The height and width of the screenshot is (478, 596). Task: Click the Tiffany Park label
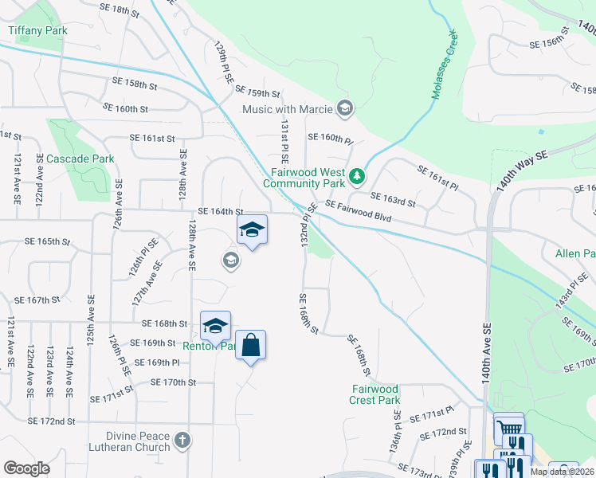pos(37,31)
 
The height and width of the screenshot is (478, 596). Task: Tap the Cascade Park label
pos(80,159)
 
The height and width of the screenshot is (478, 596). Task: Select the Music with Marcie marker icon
pos(345,108)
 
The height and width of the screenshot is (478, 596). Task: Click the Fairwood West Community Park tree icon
pos(359,174)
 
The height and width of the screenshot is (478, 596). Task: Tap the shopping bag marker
pos(250,346)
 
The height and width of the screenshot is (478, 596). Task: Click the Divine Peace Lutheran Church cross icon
pos(182,439)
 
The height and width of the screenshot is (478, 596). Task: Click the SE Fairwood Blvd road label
pos(359,211)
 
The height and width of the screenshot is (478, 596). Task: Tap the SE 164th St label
pos(220,211)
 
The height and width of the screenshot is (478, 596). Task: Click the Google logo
pos(27,468)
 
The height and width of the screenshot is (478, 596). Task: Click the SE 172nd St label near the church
pos(51,421)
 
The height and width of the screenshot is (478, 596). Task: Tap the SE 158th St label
pos(135,82)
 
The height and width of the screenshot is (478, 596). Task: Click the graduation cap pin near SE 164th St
pos(252,230)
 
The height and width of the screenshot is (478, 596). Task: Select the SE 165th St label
pos(48,241)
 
